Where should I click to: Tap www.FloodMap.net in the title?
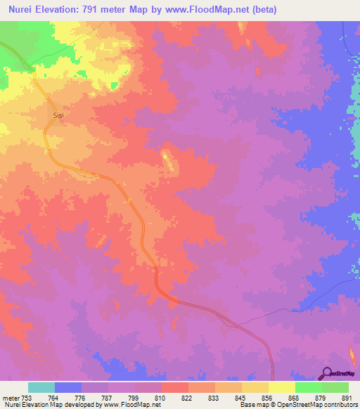click(x=212, y=10)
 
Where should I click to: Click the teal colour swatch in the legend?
click(x=41, y=387)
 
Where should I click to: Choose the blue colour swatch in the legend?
click(x=68, y=387)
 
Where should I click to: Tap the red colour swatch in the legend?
click(x=175, y=387)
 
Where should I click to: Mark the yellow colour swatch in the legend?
click(x=282, y=387)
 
